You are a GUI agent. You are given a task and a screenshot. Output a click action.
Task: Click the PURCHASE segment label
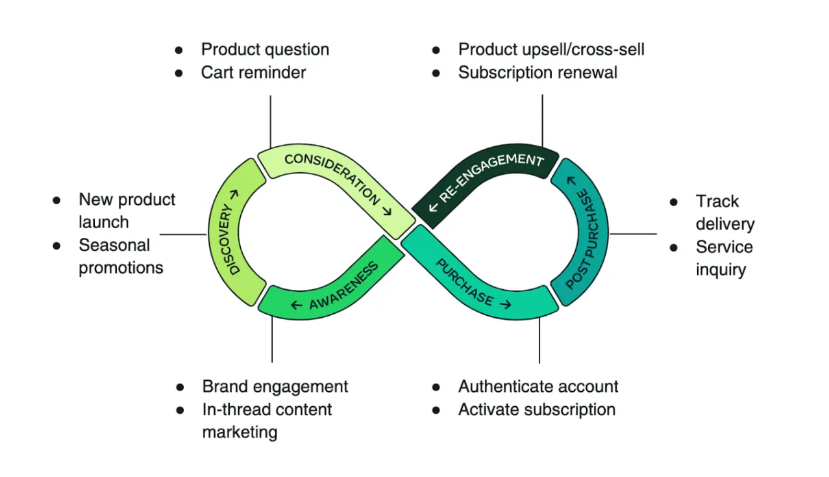(465, 282)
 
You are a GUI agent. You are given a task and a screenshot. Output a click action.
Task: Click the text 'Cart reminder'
(253, 72)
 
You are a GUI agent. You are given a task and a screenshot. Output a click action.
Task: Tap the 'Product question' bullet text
(265, 49)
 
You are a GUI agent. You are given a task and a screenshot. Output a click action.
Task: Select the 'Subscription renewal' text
(538, 72)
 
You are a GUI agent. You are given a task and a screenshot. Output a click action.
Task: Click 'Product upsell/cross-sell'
(551, 49)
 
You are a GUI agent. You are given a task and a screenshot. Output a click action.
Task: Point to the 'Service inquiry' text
(724, 258)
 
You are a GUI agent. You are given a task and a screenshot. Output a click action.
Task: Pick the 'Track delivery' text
(724, 213)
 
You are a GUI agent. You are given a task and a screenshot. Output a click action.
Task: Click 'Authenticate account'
(538, 387)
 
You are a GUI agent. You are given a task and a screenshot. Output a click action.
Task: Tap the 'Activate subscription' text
(537, 409)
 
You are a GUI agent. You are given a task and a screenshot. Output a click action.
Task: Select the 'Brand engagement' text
(275, 387)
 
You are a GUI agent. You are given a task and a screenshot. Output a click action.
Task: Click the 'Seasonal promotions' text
(121, 256)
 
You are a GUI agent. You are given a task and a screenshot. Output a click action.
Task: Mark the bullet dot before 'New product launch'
(57, 200)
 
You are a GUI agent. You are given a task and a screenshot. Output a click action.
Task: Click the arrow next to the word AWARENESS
(297, 305)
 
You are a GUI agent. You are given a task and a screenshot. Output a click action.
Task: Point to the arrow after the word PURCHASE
(505, 303)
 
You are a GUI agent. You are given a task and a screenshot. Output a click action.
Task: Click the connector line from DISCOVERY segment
(182, 234)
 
